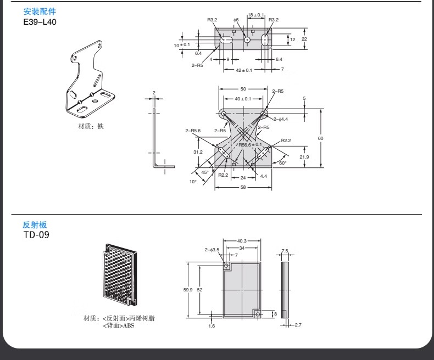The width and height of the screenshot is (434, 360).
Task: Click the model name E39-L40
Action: pos(40,22)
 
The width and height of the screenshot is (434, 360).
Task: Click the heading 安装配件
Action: pos(40,12)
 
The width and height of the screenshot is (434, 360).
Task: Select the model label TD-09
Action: pos(36,235)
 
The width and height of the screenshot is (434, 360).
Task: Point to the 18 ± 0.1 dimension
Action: pos(255,15)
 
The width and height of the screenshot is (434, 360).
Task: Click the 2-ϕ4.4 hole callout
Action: pos(281,119)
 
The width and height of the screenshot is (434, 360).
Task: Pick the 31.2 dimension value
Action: pos(198,152)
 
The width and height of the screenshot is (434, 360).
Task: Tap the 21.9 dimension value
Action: pos(304,157)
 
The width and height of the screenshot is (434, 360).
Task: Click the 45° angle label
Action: pos(205,172)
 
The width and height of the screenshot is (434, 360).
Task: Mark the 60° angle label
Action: pos(282,163)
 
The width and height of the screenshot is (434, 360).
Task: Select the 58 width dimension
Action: pos(243,187)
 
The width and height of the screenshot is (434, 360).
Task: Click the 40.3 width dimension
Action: pos(242,240)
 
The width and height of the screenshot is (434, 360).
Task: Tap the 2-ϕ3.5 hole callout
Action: pos(212,250)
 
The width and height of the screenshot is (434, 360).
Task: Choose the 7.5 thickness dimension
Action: pos(285,251)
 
